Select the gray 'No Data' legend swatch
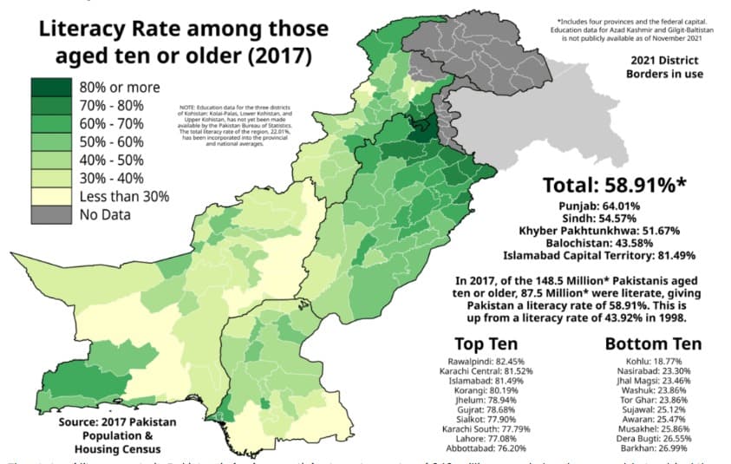point(51,214)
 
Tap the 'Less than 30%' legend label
point(124,196)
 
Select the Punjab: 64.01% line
point(598,206)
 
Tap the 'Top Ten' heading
point(491,343)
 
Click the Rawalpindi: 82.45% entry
point(491,360)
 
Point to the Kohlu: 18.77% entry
point(646,360)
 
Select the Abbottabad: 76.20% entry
point(491,449)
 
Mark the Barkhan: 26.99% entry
point(646,449)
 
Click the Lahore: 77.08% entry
point(491,439)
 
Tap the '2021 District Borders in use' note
point(667,67)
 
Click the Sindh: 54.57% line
point(598,218)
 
